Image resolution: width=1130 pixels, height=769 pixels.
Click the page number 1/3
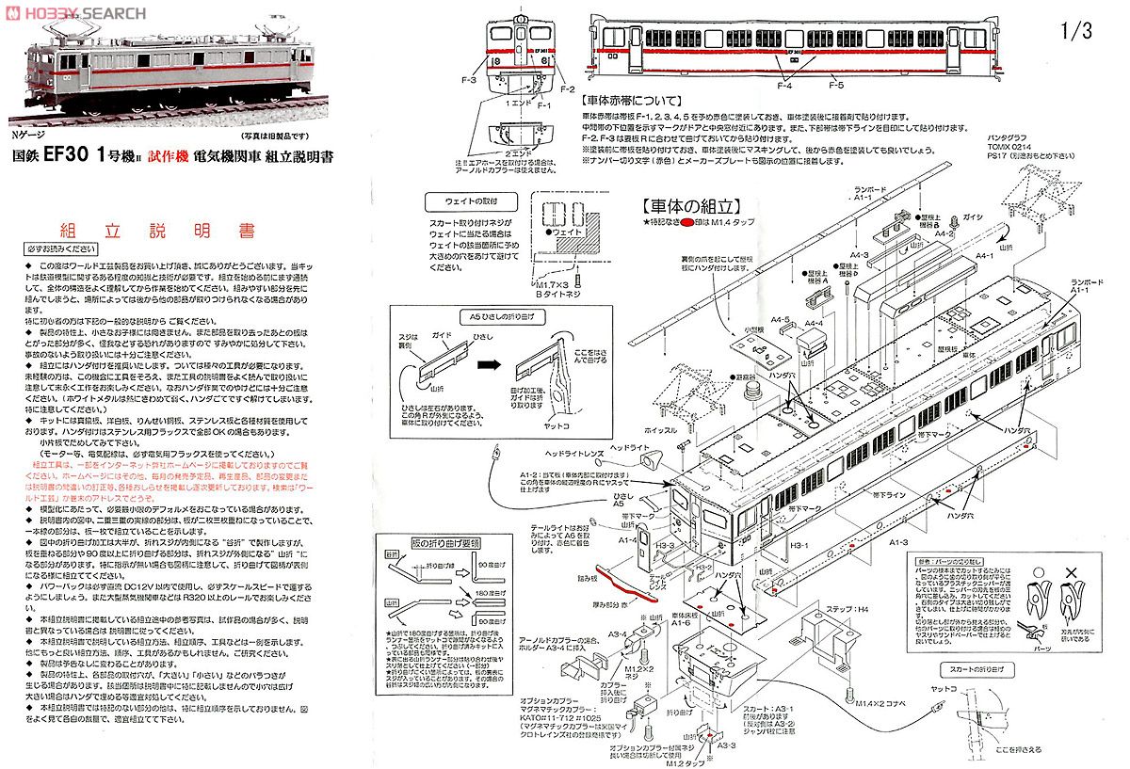coord(1075,31)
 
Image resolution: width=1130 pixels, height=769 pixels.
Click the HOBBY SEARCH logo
coord(75,13)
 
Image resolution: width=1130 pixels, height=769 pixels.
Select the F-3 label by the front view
coord(469,81)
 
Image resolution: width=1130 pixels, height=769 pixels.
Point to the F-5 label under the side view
coord(836,85)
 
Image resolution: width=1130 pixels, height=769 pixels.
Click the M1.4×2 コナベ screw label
coord(880,701)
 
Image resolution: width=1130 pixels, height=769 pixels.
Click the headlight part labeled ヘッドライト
coord(650,462)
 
